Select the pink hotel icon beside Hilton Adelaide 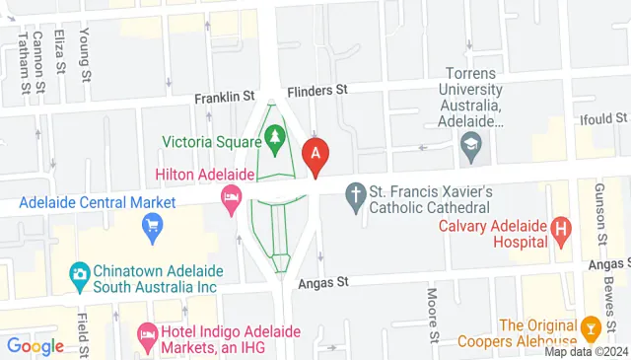click(x=232, y=197)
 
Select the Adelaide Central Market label click(x=97, y=203)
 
